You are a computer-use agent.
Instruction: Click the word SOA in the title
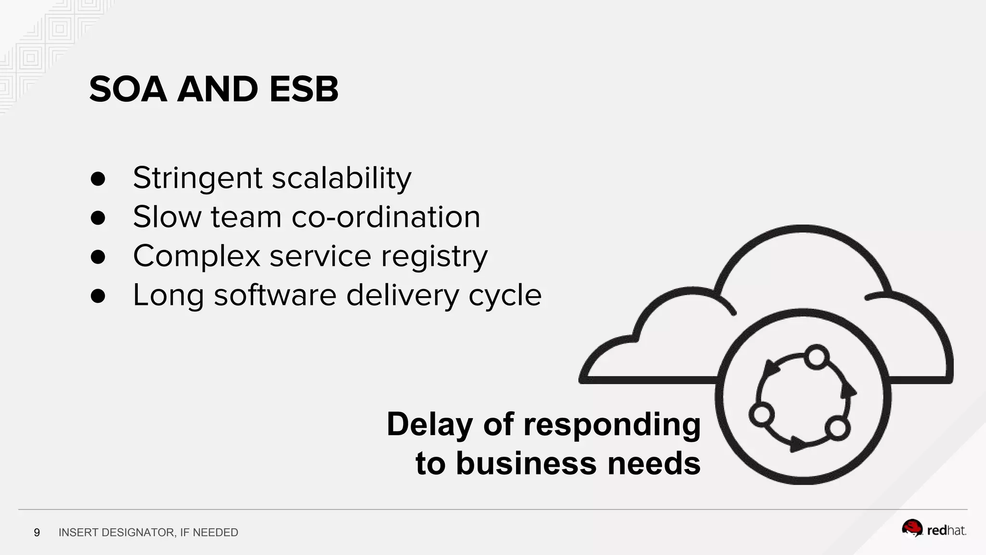pyautogui.click(x=128, y=90)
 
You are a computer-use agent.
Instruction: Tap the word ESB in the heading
pyautogui.click(x=304, y=90)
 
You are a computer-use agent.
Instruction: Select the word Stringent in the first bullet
pyautogui.click(x=197, y=178)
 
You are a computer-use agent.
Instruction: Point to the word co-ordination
pyautogui.click(x=386, y=217)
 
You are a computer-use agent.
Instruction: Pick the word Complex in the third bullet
pyautogui.click(x=196, y=256)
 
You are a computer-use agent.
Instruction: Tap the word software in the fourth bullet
pyautogui.click(x=275, y=295)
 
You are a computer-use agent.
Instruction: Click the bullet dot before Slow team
pyautogui.click(x=98, y=218)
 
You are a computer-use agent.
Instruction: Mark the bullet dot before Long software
pyautogui.click(x=98, y=296)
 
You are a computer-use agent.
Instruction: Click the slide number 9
pyautogui.click(x=37, y=532)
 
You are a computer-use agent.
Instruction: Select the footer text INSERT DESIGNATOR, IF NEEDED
pyautogui.click(x=148, y=532)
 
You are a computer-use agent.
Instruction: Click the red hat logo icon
pyautogui.click(x=912, y=529)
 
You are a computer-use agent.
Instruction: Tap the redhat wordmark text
pyautogui.click(x=947, y=531)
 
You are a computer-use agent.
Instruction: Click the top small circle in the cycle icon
pyautogui.click(x=816, y=357)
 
